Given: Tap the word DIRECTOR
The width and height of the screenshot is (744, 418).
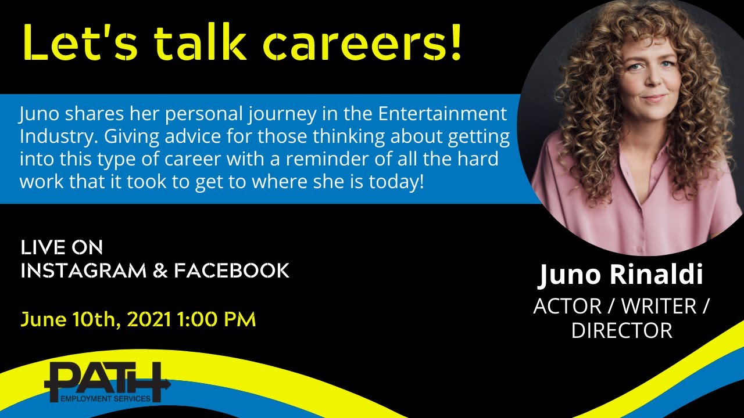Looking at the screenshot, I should pos(621,330).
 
